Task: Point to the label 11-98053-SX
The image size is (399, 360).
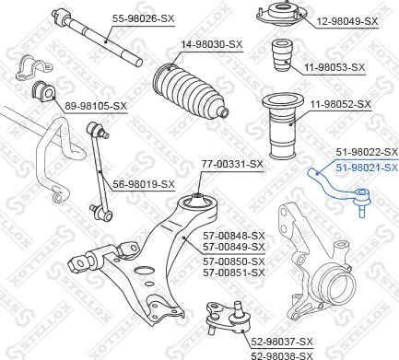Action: tap(334, 67)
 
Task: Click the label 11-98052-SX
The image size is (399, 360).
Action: tap(342, 106)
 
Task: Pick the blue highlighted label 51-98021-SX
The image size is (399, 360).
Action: tap(366, 167)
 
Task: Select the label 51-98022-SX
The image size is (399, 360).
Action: tap(366, 152)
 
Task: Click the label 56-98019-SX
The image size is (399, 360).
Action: tap(144, 183)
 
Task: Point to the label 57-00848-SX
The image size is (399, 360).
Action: tap(233, 235)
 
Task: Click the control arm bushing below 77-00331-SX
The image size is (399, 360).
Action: tap(196, 200)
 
